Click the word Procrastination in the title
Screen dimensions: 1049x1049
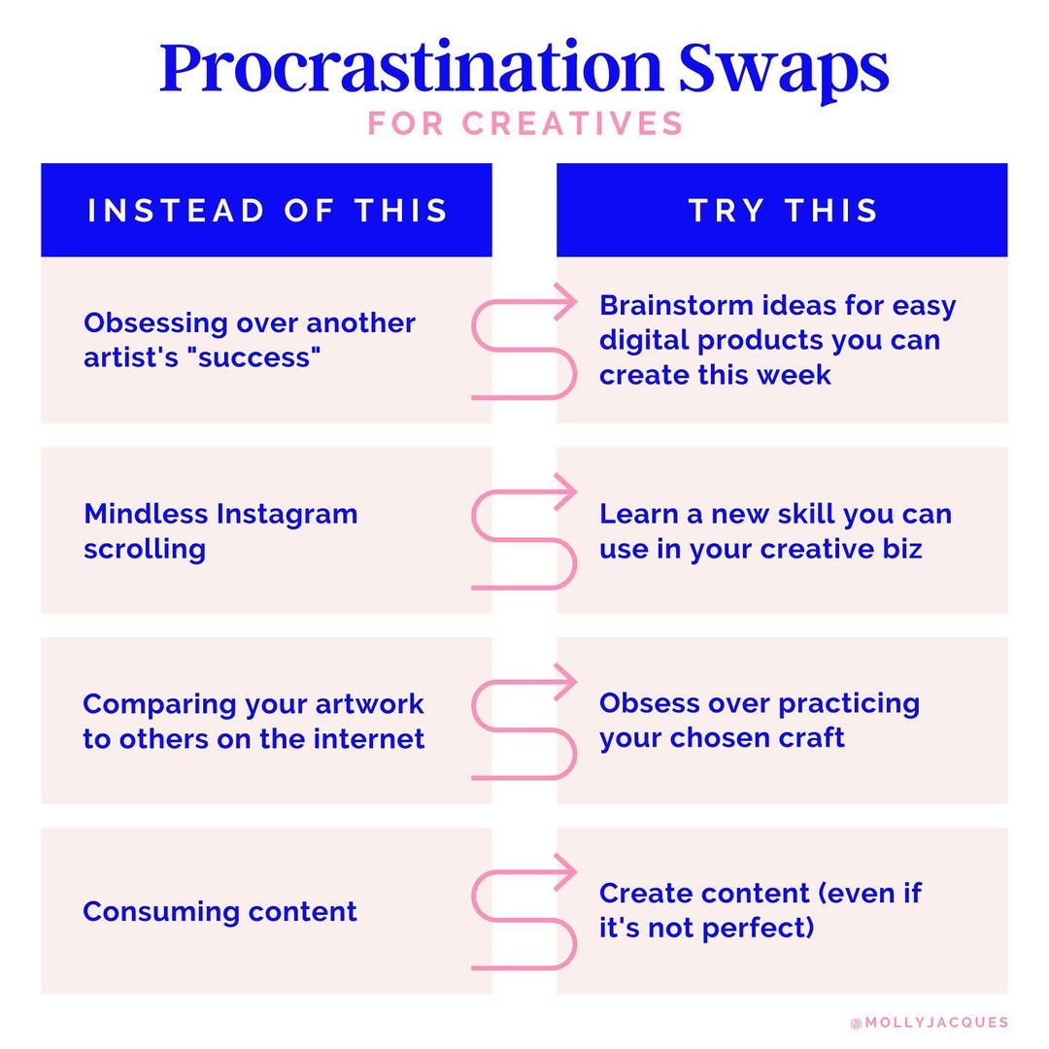click(x=412, y=68)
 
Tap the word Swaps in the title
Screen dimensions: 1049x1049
click(x=784, y=70)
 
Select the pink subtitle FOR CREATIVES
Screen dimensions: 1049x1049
click(x=525, y=123)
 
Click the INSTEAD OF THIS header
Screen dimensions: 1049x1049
click(x=268, y=210)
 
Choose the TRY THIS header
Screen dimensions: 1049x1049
click(x=783, y=210)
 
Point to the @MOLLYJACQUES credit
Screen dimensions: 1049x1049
click(x=930, y=1022)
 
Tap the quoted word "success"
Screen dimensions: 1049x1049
click(x=254, y=357)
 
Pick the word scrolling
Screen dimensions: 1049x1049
click(x=145, y=550)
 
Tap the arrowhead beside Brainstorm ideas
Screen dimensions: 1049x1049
click(x=567, y=302)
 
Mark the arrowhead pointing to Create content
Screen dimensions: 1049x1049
click(x=567, y=871)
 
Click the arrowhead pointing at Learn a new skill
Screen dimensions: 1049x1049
click(x=567, y=491)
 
